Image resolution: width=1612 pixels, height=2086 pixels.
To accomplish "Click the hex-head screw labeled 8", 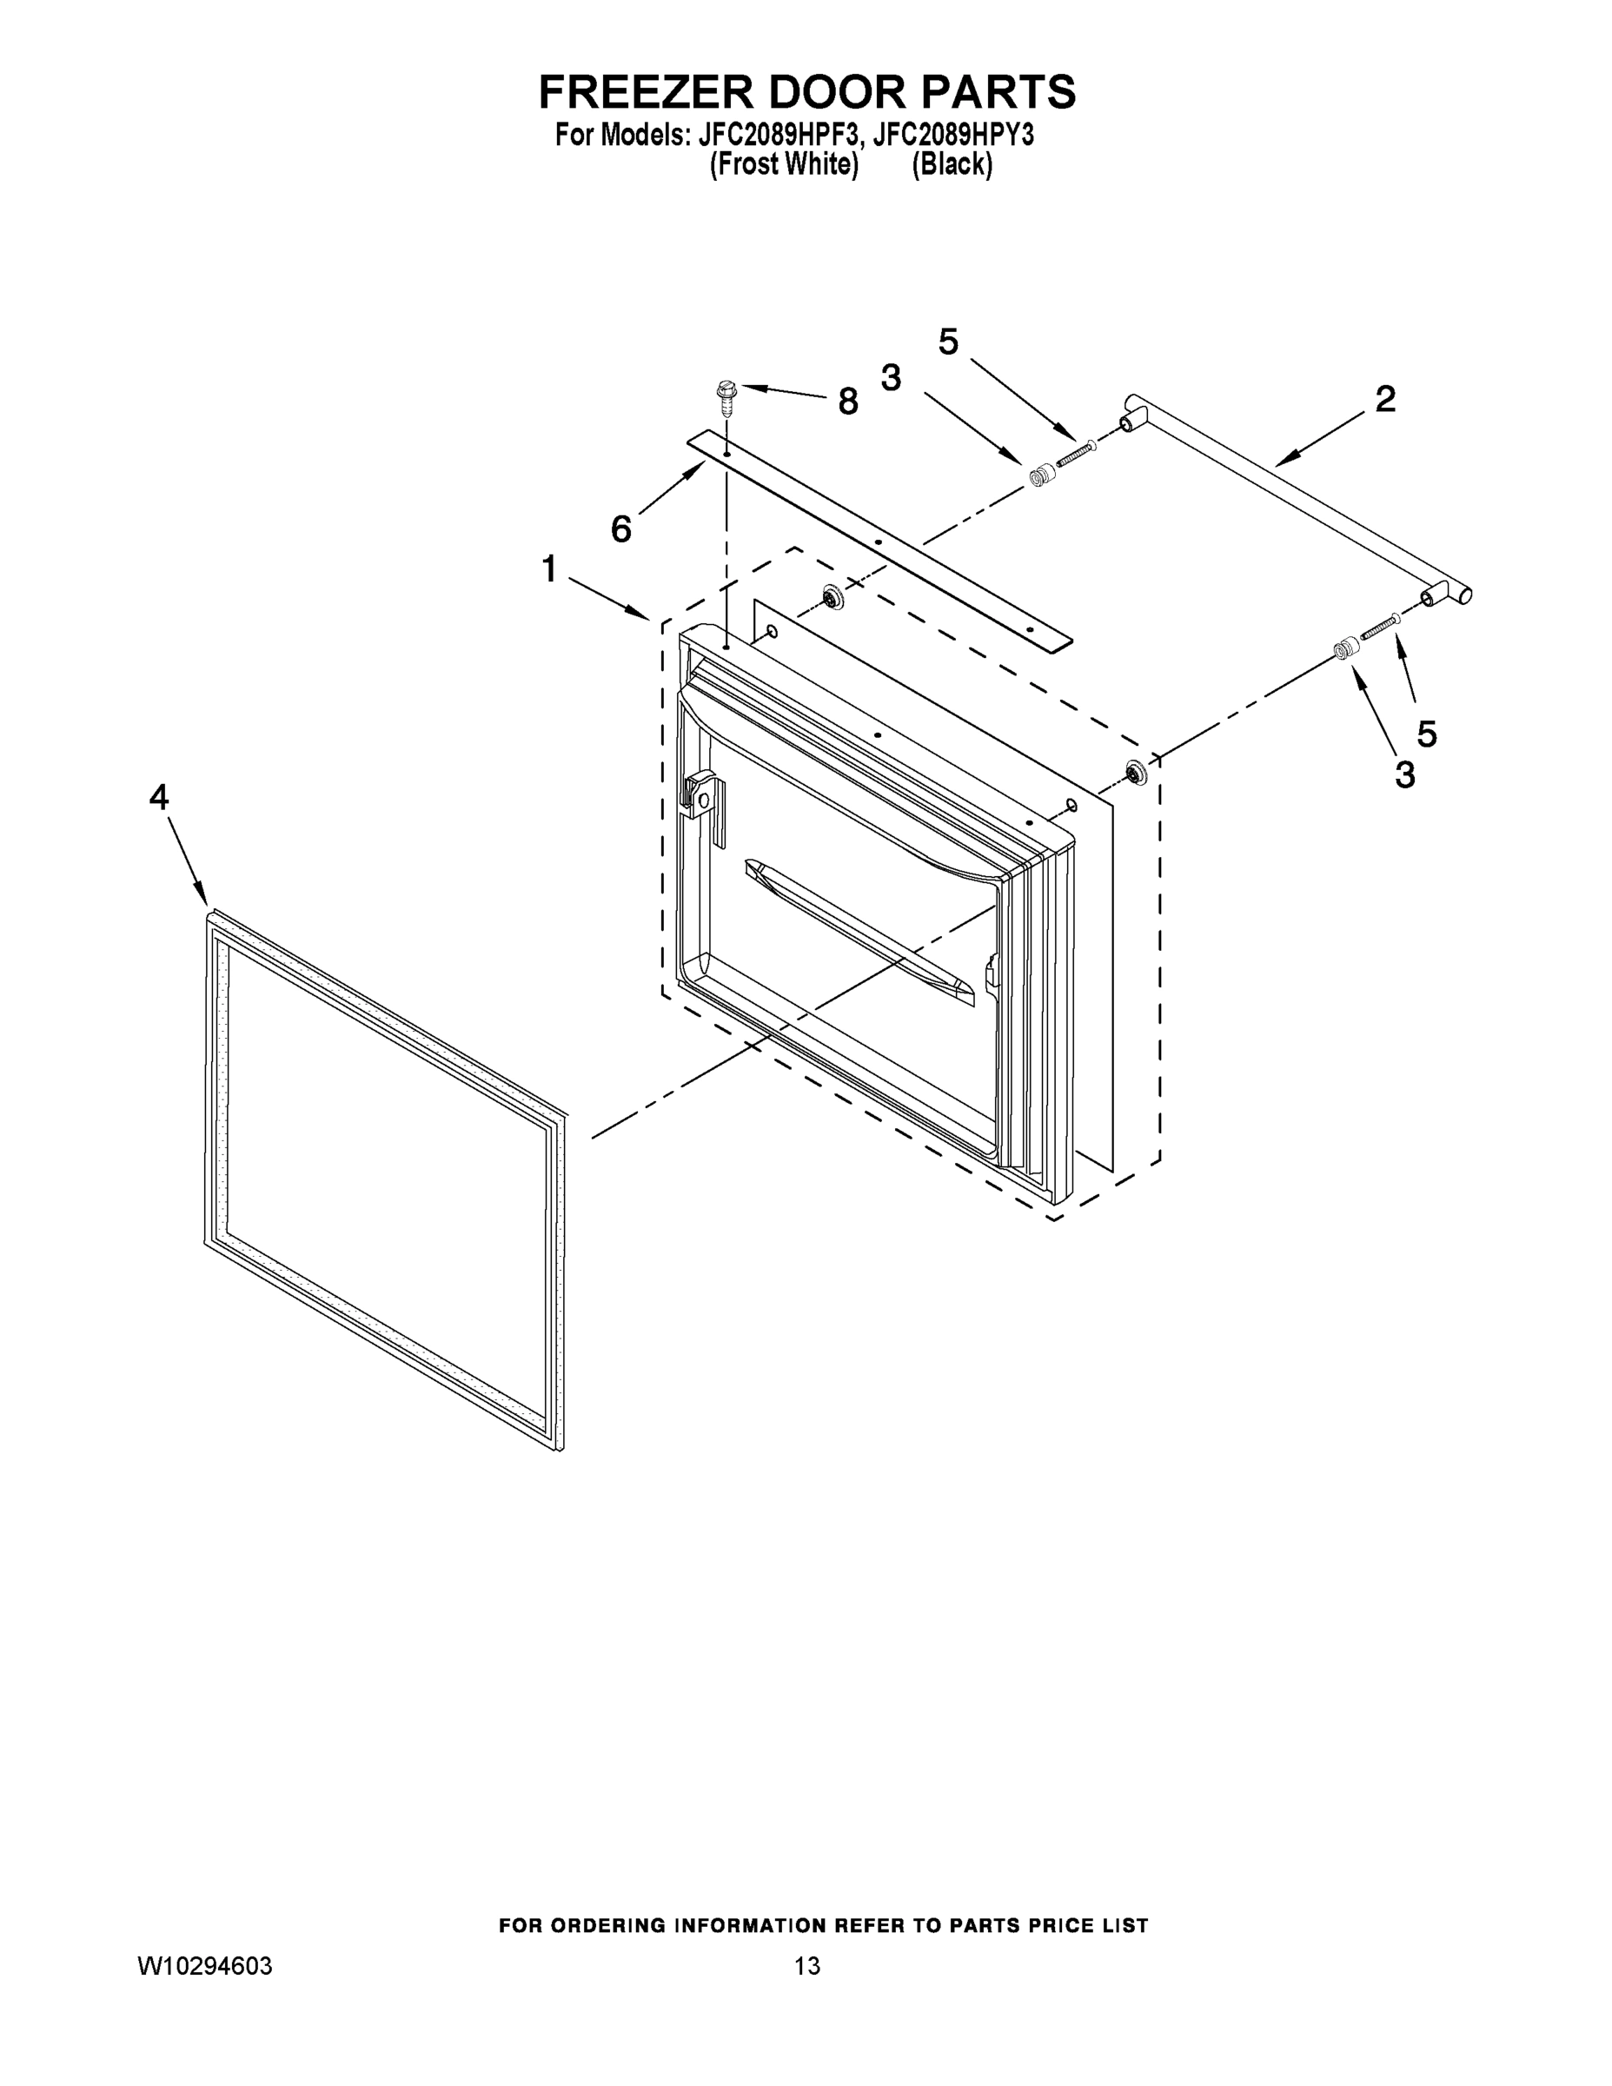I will [x=728, y=396].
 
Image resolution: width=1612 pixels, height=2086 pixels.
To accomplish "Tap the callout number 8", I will [x=847, y=402].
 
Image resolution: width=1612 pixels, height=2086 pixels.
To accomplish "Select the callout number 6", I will [x=620, y=528].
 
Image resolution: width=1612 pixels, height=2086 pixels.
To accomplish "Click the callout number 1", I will [x=549, y=569].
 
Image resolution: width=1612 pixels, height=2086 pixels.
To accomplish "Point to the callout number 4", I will [x=158, y=796].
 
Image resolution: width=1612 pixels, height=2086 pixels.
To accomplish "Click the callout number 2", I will [x=1384, y=398].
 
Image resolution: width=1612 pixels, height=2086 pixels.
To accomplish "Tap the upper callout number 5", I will [x=948, y=342].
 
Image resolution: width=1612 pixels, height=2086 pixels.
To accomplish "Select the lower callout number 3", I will [x=1403, y=774].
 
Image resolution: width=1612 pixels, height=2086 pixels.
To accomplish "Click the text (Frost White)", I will [x=784, y=165].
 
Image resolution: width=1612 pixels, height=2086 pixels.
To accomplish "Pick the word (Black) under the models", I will [x=952, y=165].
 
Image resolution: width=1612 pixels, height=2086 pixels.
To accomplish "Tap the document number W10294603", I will [x=205, y=1966].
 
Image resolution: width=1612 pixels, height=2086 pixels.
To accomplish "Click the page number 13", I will [x=807, y=1966].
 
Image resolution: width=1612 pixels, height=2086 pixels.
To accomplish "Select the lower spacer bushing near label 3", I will [x=1344, y=649].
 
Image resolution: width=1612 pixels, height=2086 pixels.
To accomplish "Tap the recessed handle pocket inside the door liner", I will [x=859, y=931].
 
